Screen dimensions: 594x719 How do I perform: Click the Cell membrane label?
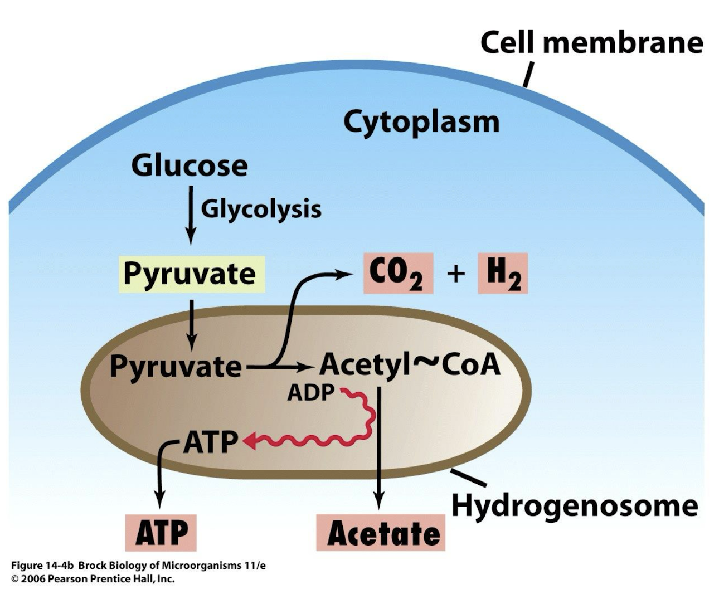click(591, 43)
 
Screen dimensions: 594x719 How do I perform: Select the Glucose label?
click(190, 165)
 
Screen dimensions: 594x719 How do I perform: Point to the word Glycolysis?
click(261, 209)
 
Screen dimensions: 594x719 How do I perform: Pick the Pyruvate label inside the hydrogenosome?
click(176, 367)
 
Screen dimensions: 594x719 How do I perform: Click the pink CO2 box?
click(398, 273)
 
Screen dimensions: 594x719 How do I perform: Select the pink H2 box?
click(503, 273)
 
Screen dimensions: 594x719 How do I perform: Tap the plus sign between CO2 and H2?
click(455, 273)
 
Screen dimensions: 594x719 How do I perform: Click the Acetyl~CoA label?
click(410, 365)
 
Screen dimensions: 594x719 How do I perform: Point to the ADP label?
click(310, 393)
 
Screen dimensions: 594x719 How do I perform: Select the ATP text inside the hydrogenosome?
click(211, 442)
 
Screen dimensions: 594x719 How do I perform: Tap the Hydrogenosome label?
click(574, 506)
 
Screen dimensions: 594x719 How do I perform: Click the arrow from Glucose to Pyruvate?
click(191, 215)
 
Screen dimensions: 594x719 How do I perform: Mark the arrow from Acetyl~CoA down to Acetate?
click(379, 446)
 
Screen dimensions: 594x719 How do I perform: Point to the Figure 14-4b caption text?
click(138, 566)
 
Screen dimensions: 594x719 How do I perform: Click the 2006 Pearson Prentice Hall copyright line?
click(93, 579)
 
